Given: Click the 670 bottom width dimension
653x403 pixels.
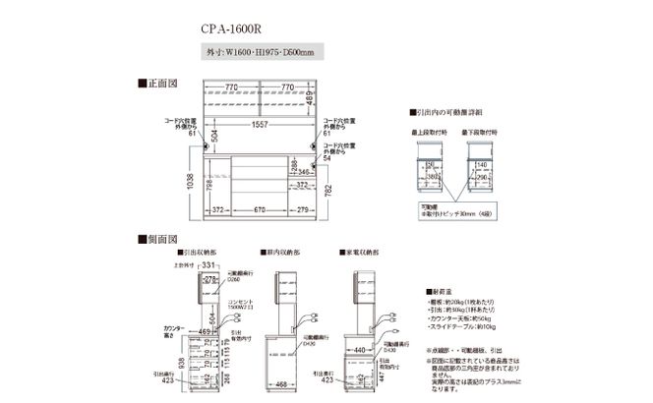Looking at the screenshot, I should point(258,208).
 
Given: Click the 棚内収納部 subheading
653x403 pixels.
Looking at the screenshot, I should point(283,253).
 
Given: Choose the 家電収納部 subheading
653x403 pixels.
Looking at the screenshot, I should point(360,253).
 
